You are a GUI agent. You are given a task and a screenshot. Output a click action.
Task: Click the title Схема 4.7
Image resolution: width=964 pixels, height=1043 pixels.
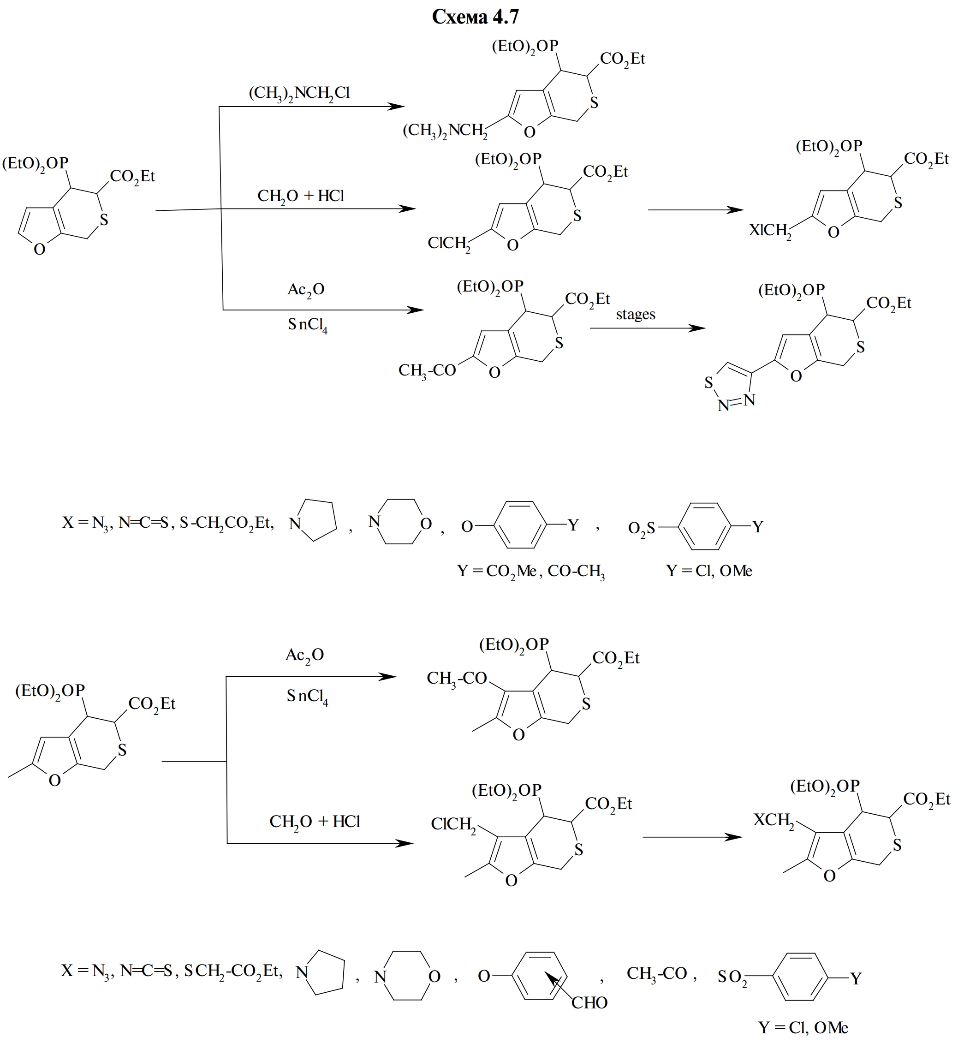click(475, 17)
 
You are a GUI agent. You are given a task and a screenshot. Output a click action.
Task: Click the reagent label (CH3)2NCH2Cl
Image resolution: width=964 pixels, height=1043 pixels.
click(299, 93)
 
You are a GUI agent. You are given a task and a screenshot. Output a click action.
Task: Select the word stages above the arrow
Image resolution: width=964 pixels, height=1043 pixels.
click(636, 314)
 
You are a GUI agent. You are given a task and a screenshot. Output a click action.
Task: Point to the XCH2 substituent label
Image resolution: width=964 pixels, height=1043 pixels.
click(774, 821)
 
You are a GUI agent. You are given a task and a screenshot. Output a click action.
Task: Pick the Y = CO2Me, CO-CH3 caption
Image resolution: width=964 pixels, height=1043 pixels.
click(530, 572)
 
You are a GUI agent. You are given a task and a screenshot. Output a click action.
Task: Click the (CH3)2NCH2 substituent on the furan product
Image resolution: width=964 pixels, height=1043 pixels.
click(445, 131)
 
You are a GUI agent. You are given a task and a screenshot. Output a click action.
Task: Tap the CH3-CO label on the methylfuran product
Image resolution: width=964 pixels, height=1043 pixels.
click(457, 678)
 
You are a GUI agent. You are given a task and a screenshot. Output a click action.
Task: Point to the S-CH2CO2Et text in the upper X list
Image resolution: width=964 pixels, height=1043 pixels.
click(226, 523)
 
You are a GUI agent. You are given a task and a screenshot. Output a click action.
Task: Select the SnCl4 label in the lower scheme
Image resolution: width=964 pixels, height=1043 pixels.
click(307, 697)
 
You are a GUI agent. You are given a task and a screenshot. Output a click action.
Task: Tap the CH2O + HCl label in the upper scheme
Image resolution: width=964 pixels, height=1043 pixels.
click(301, 196)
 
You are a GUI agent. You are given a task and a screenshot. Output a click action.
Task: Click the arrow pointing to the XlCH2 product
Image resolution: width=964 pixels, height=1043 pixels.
click(696, 210)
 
